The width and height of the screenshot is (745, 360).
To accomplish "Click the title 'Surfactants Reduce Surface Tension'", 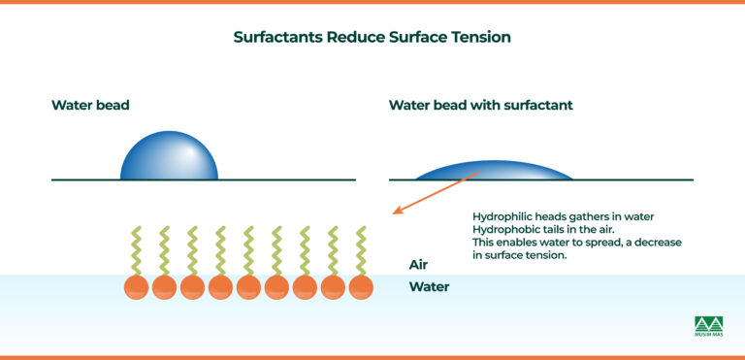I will pos(372,38).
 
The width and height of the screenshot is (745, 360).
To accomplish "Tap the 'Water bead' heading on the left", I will pos(91,105).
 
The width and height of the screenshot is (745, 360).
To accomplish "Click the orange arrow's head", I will pos(397,212).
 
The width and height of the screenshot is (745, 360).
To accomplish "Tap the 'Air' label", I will pos(419,264).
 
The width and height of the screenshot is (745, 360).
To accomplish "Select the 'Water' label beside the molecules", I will pos(429,286).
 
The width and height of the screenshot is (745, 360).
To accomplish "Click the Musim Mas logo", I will pos(709,327).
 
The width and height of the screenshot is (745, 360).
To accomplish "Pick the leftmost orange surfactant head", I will pos(136,287).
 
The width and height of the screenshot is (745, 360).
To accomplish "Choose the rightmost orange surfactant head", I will pos(361,287).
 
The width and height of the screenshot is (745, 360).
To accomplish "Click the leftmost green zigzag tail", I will pos(136,250).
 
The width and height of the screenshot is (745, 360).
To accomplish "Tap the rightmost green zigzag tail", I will pos(361,250).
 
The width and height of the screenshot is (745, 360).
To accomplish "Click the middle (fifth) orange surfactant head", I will pos(248,287).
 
